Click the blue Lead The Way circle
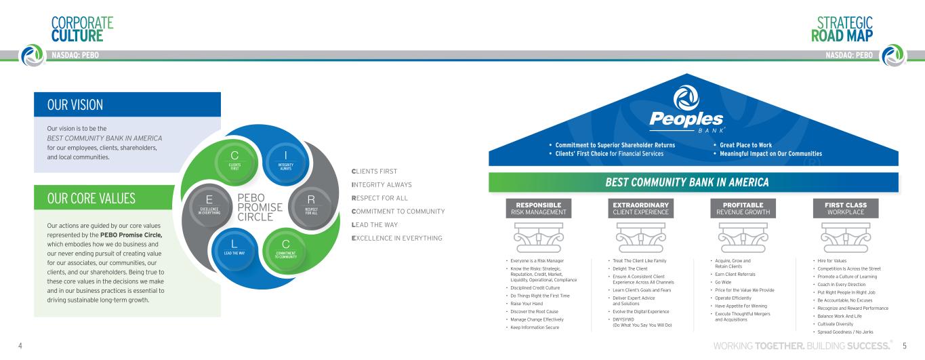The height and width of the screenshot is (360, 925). (x=232, y=249)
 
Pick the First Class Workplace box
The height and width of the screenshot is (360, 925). (x=841, y=209)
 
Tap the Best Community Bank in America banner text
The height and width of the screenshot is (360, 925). (x=687, y=182)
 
